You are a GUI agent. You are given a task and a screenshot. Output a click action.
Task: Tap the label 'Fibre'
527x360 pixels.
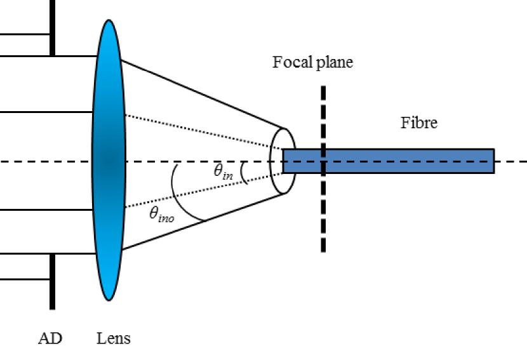tap(418, 123)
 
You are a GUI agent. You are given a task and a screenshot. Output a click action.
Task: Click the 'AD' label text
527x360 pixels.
tap(50, 337)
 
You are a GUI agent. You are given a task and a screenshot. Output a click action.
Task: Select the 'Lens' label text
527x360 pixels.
tap(114, 337)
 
